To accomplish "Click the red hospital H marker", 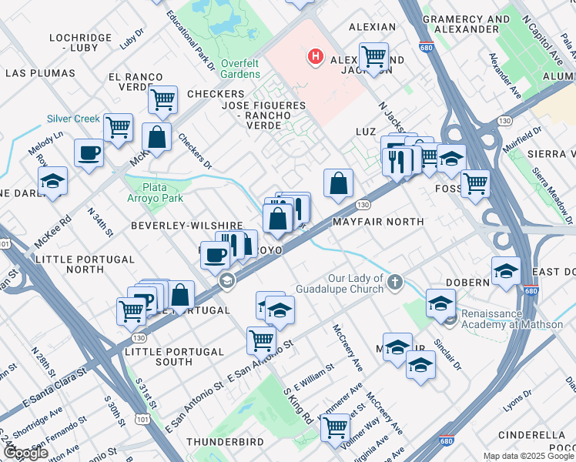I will [x=314, y=56].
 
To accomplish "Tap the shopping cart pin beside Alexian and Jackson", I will [x=373, y=56].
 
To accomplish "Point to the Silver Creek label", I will [x=73, y=119].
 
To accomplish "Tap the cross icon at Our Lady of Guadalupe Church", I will [x=395, y=282].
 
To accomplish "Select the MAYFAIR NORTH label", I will [x=377, y=222].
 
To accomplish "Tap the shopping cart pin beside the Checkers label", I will [x=162, y=99].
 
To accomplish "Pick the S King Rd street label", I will [x=296, y=406].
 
